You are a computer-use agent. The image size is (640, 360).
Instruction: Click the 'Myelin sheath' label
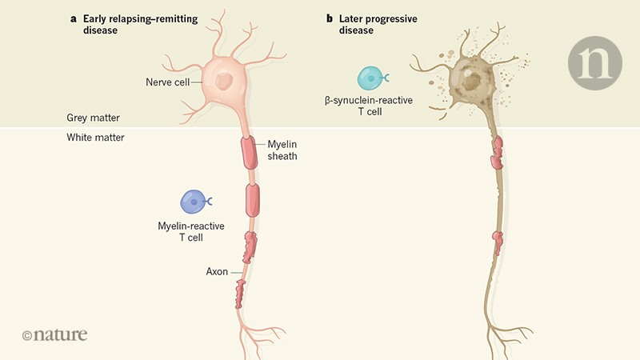point(282,150)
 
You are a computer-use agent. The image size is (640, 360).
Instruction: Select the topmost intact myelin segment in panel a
point(248,150)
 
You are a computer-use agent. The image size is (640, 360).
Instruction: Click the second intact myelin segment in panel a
point(252,198)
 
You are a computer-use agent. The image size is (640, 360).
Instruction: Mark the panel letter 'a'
point(74,17)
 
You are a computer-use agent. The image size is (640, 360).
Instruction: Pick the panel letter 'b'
point(330,17)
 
